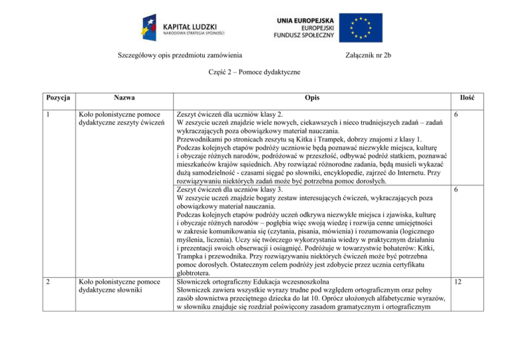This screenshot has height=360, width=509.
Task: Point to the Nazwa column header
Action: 120,98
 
